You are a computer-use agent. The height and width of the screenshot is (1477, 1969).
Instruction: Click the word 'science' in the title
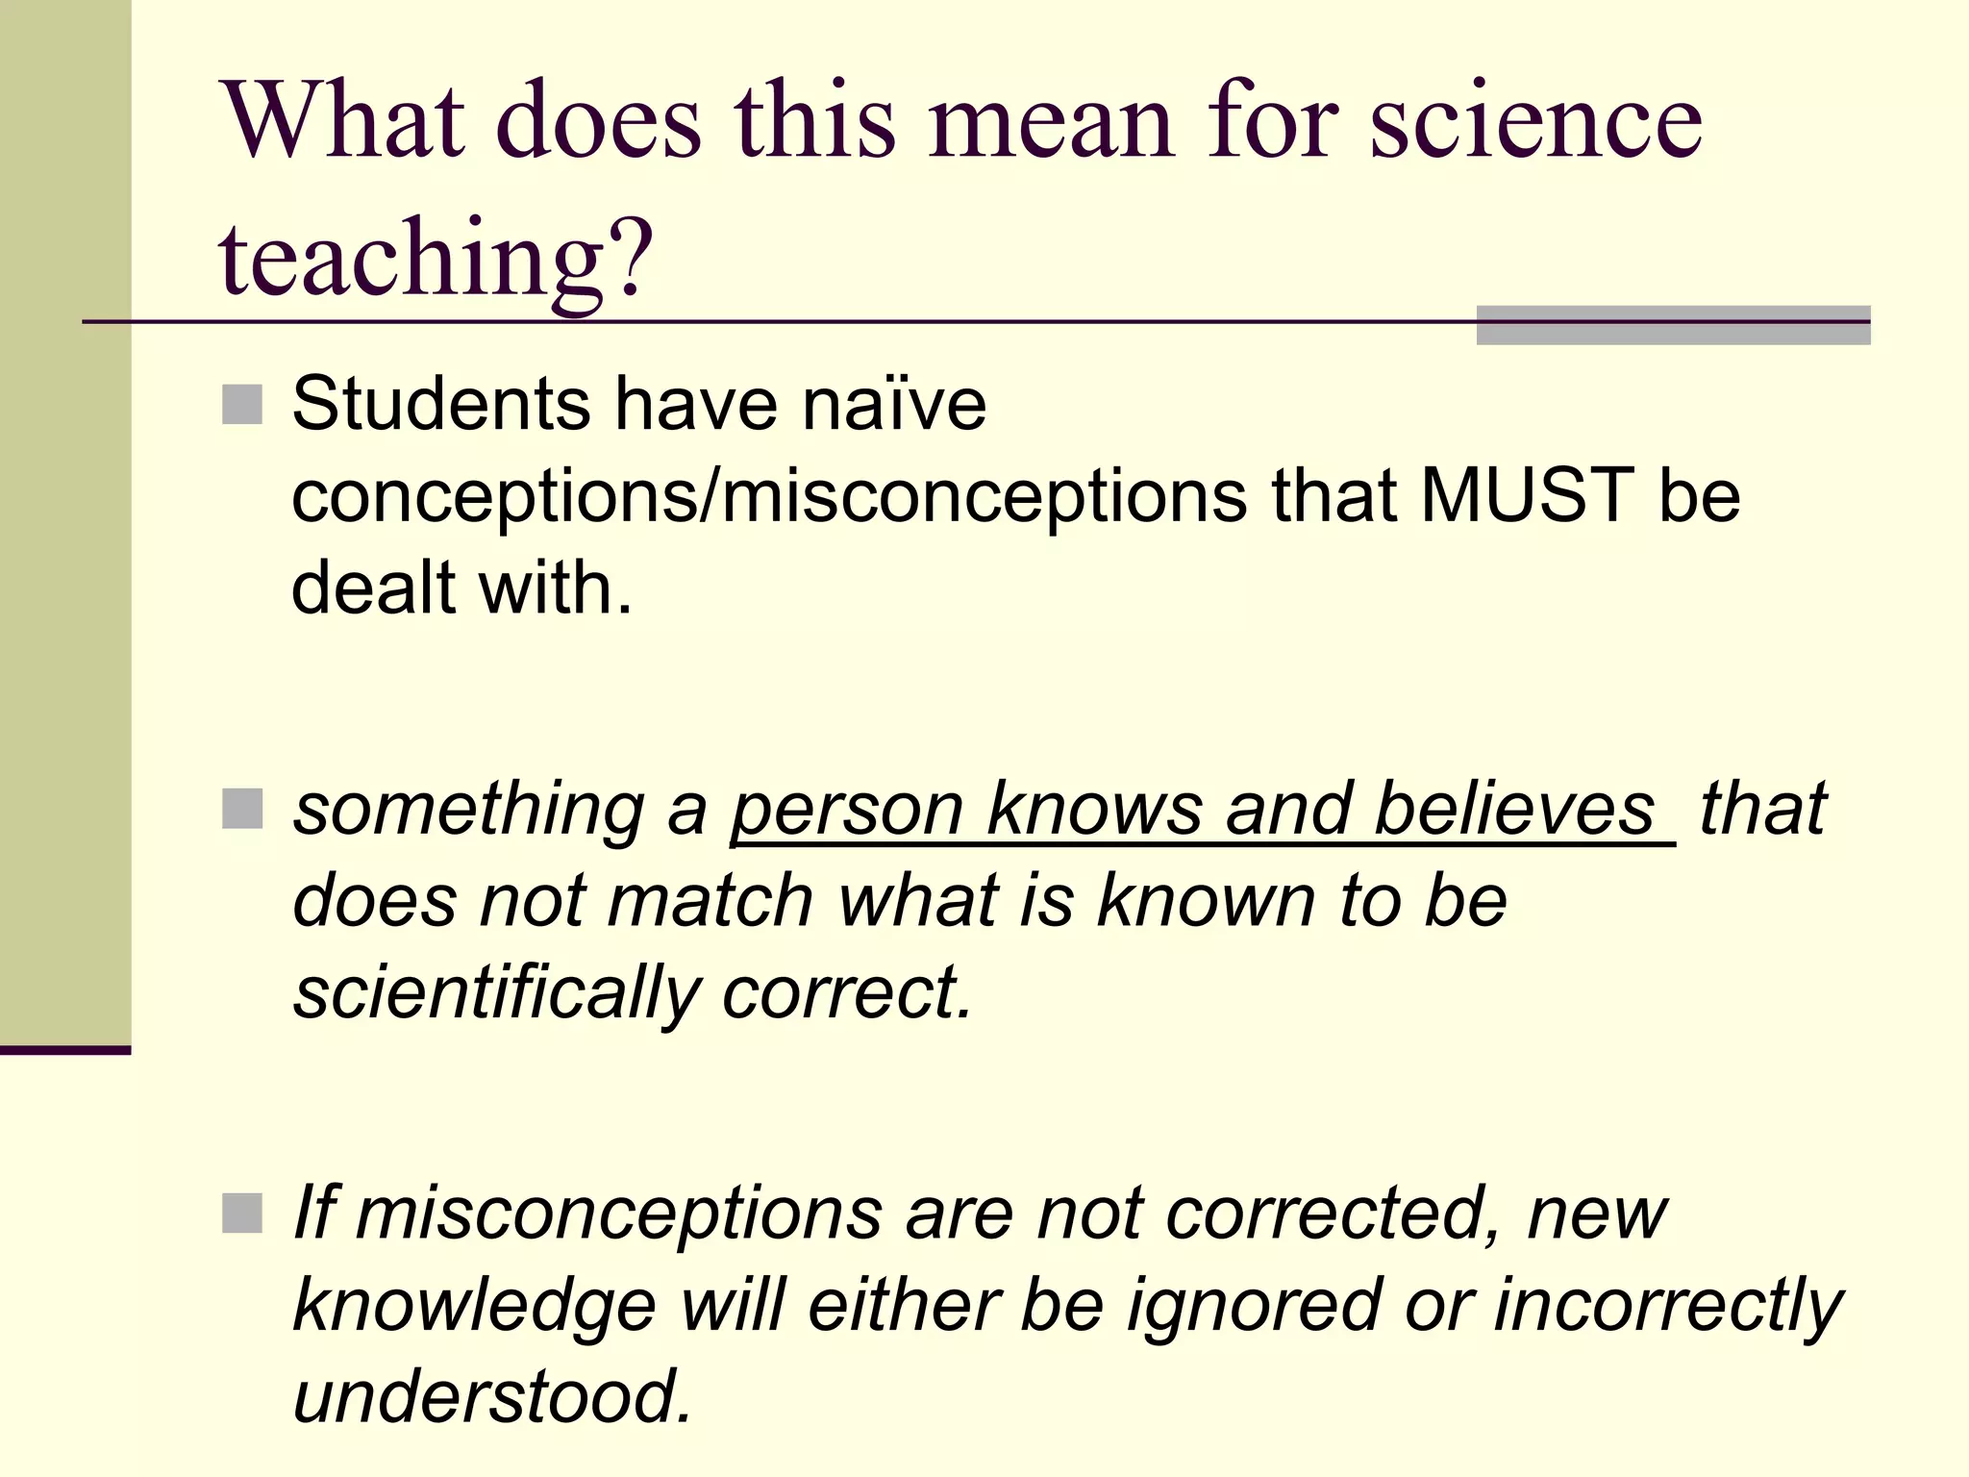(x=1535, y=122)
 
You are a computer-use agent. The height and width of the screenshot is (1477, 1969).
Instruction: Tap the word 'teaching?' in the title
(x=436, y=258)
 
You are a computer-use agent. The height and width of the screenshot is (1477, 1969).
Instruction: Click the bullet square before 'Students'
(x=241, y=405)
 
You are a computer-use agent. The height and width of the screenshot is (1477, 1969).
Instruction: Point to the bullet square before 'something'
(x=241, y=809)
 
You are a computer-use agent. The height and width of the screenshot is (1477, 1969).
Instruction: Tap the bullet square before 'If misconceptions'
(x=241, y=1213)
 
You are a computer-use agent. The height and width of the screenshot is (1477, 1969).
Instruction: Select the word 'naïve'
(x=894, y=404)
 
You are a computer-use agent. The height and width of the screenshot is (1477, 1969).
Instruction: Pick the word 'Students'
(x=441, y=404)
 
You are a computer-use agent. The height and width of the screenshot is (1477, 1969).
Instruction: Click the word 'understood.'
(x=492, y=1396)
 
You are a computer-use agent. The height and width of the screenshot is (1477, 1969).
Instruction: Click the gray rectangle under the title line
(x=1673, y=326)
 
